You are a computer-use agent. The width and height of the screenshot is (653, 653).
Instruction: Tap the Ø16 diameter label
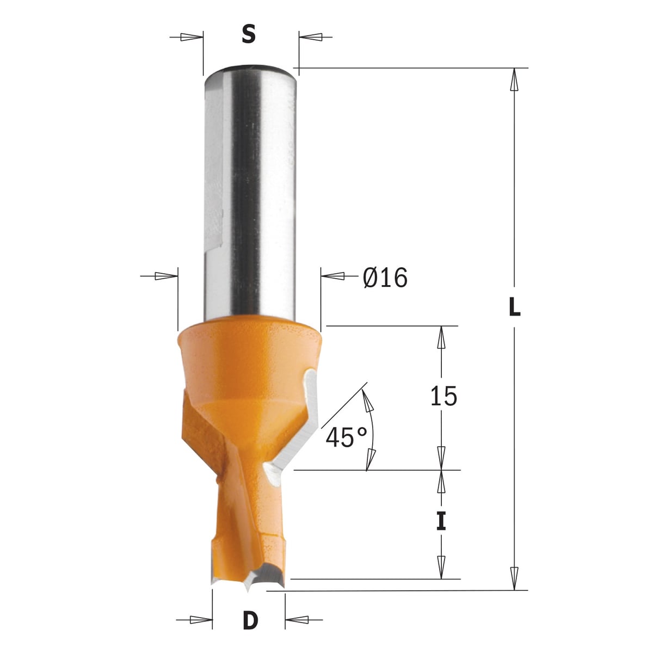pos(385,278)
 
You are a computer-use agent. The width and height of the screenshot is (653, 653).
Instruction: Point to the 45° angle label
pos(346,437)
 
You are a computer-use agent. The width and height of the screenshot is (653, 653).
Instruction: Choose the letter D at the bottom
pos(250,620)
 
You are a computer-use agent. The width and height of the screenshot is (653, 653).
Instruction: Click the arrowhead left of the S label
pos(192,38)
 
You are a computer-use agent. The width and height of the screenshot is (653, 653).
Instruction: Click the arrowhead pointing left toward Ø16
pos(332,276)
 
